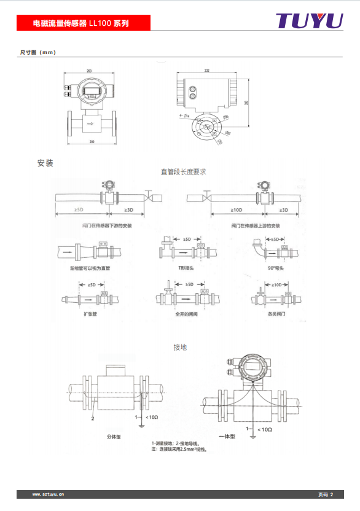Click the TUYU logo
click(308, 20)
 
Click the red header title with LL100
click(81, 24)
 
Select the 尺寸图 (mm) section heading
click(38, 52)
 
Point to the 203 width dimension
click(90, 71)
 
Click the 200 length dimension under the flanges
click(92, 142)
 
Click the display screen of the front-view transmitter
click(92, 92)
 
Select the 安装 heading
click(45, 163)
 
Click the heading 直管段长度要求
click(183, 172)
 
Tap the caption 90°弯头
click(276, 268)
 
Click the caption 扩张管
click(91, 313)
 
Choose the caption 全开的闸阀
click(184, 313)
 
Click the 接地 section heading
click(180, 348)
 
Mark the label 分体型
click(114, 437)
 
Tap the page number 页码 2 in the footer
click(326, 494)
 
